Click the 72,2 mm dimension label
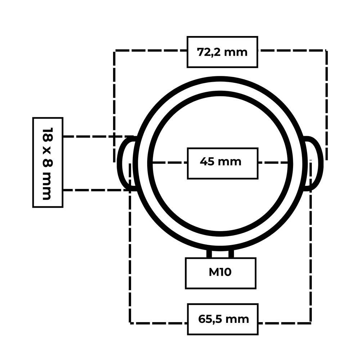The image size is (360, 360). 222,52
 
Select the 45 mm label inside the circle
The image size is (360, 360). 220,162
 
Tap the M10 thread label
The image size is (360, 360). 220,272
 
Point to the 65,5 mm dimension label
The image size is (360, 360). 224,319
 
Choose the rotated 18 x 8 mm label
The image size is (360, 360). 48,164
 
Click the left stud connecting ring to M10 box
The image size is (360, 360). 209,254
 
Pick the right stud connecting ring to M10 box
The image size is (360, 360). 231,254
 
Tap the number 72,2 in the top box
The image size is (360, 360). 209,52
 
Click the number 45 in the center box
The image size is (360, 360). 207,161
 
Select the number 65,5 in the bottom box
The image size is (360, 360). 210,319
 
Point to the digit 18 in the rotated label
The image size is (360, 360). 48,135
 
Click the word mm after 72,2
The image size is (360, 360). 236,53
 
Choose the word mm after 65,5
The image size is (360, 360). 237,320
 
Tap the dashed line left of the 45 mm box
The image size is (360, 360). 170,163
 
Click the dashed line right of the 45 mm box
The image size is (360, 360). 273,163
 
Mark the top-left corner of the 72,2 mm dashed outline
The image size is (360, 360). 114,51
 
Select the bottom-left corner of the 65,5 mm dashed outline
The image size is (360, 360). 130,323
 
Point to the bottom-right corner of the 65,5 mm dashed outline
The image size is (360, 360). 311,323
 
